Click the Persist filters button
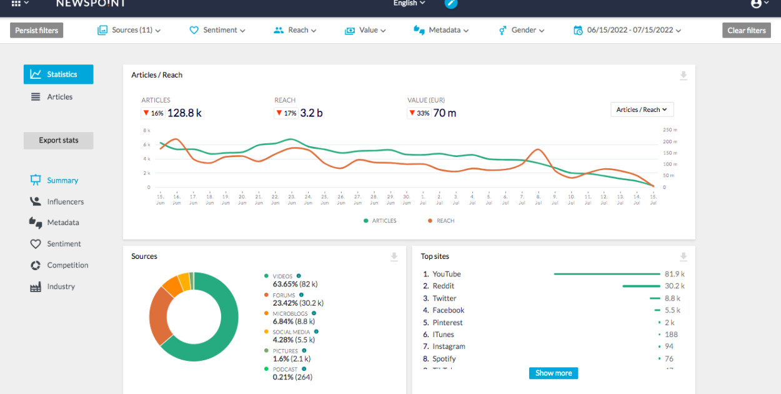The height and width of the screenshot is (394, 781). point(36,30)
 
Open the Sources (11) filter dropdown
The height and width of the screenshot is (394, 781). point(129,30)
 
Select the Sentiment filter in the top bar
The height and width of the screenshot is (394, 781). point(217,30)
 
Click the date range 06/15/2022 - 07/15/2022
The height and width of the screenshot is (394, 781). point(628,30)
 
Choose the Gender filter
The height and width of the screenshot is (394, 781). point(522,30)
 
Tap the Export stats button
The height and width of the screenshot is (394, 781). point(58,140)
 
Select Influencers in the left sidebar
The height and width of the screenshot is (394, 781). point(65,201)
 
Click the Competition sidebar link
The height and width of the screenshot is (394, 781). point(67,265)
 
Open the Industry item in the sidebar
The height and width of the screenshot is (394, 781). point(61,286)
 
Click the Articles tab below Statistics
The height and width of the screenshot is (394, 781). point(59,97)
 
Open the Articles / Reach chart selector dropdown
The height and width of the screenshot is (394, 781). point(642,109)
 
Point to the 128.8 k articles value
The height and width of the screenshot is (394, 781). point(184,113)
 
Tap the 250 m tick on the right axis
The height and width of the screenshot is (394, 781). point(670,130)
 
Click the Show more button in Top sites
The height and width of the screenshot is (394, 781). point(553,373)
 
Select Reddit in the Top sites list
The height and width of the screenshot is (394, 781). point(444,286)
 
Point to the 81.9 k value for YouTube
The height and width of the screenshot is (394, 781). point(674,274)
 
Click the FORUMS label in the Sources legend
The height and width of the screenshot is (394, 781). point(285,295)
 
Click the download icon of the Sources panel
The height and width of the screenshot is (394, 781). point(394,256)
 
